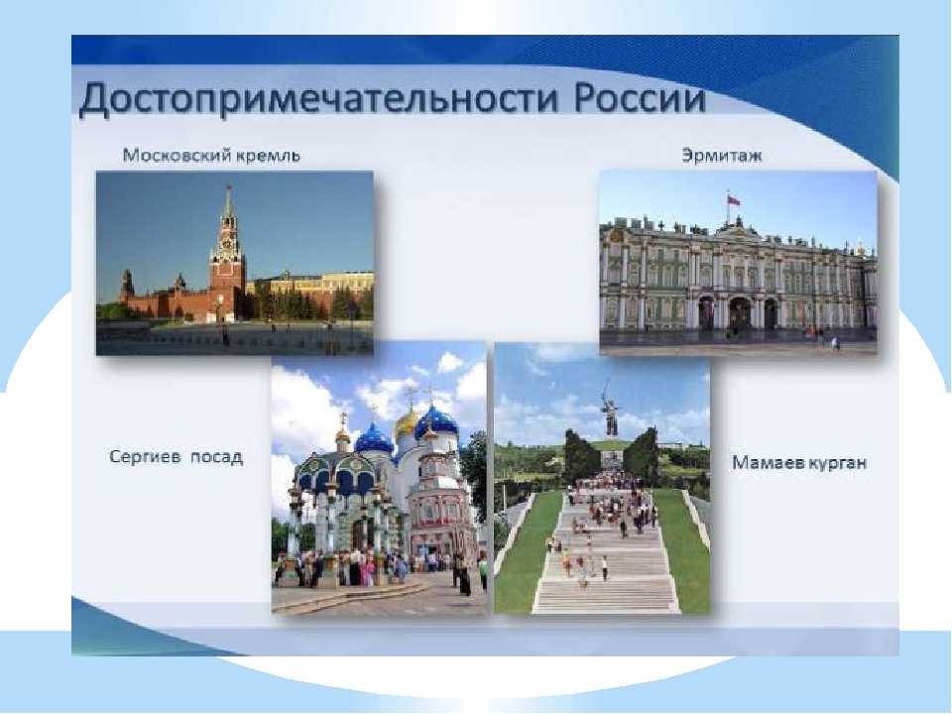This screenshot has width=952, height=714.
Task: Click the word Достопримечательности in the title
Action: (x=318, y=99)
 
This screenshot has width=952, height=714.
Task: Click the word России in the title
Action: (x=640, y=98)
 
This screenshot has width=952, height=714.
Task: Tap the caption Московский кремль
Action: (x=211, y=156)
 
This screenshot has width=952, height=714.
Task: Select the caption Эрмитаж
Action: (x=721, y=156)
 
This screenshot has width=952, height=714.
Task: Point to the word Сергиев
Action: (x=145, y=456)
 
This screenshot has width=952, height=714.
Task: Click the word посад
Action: (x=217, y=457)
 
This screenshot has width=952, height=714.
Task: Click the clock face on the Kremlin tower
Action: (x=228, y=244)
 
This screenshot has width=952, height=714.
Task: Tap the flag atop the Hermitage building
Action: (x=734, y=200)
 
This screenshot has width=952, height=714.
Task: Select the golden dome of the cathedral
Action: (x=407, y=423)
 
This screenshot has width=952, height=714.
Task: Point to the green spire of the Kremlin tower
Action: (x=228, y=202)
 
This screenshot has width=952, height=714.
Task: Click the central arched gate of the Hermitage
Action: (x=740, y=313)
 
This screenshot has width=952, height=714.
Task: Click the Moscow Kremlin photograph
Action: (x=234, y=263)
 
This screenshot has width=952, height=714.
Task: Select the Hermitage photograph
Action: (x=738, y=262)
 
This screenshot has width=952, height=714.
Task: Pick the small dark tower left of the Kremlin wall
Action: (x=127, y=286)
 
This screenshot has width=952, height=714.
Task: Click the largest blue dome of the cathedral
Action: (x=436, y=422)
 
